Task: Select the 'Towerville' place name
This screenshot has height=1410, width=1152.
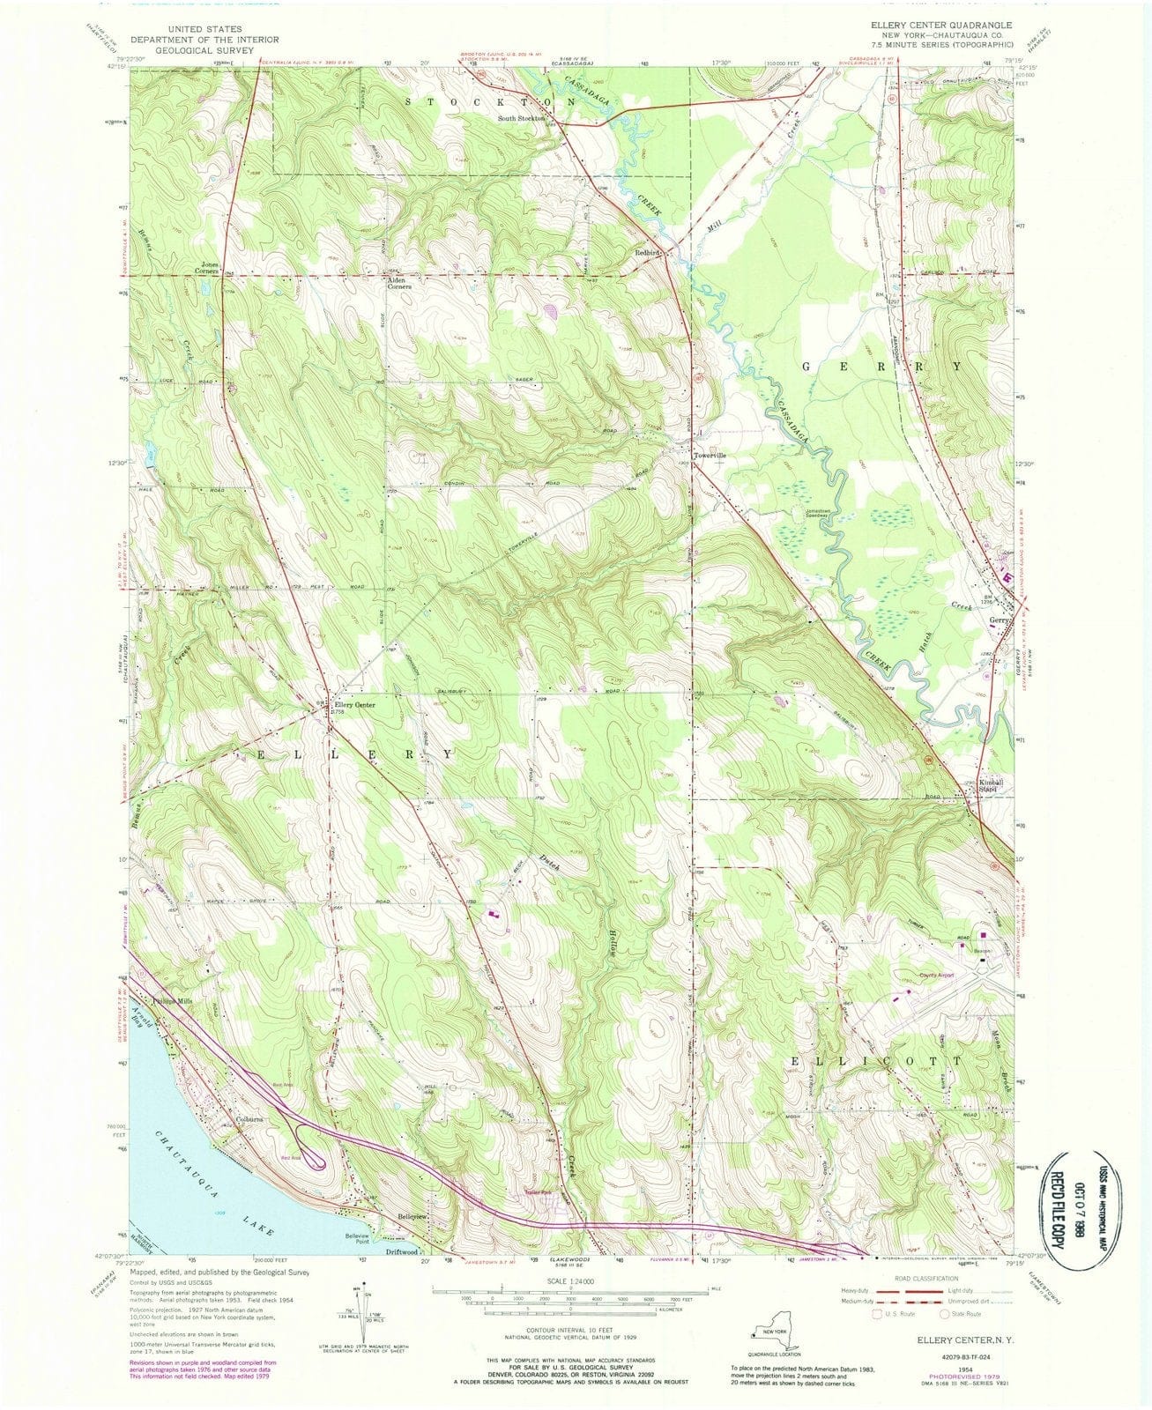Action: coord(713,456)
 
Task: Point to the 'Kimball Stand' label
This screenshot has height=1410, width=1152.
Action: coord(994,785)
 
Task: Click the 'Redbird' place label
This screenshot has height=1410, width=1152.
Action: coord(656,252)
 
